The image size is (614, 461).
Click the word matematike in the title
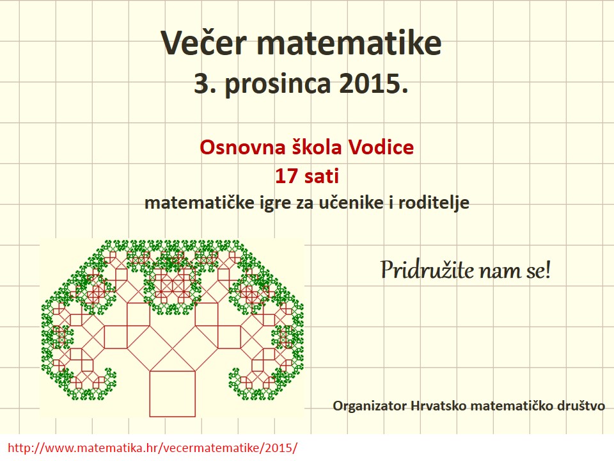[x=349, y=42]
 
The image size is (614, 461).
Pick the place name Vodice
[x=381, y=147]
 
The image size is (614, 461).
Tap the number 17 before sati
[x=287, y=176]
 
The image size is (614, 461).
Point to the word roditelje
[x=434, y=203]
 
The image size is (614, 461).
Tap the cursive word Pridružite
[x=428, y=270]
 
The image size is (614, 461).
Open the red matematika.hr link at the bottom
[x=152, y=448]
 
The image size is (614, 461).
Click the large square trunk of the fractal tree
[x=173, y=394]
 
